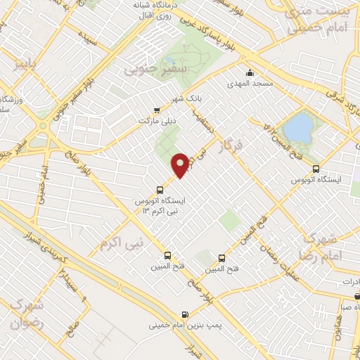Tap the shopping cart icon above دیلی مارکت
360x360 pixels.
pyautogui.click(x=156, y=110)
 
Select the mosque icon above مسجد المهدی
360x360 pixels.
pyautogui.click(x=250, y=72)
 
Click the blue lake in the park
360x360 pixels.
pyautogui.click(x=298, y=128)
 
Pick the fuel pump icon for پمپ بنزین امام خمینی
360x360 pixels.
pyautogui.click(x=184, y=315)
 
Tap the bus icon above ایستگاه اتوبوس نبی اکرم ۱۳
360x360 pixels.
pyautogui.click(x=160, y=190)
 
